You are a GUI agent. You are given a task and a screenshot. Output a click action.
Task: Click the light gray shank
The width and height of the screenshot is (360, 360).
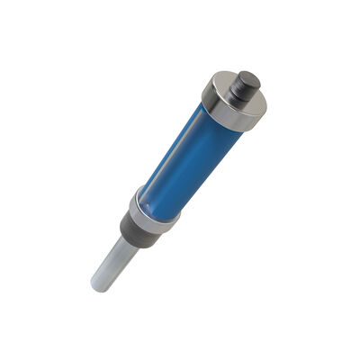[x=112, y=262]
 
